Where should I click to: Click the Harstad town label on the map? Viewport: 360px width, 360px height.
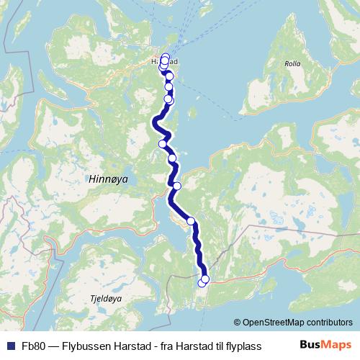(x=165, y=63)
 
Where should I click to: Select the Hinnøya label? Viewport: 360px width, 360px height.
(x=106, y=179)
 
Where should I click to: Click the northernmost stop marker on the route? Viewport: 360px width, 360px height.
(x=166, y=57)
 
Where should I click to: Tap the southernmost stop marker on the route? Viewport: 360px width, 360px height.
(x=202, y=283)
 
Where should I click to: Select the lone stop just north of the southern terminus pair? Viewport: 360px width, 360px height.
(x=192, y=221)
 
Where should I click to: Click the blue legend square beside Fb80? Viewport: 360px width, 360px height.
(x=10, y=346)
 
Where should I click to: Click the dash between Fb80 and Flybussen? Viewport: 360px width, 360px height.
(x=53, y=346)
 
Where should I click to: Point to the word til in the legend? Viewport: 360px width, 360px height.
(x=216, y=346)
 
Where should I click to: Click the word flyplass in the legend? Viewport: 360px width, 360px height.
(x=244, y=346)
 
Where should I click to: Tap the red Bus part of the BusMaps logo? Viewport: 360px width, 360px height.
(x=310, y=345)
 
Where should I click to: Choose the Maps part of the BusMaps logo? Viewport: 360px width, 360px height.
(x=337, y=345)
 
